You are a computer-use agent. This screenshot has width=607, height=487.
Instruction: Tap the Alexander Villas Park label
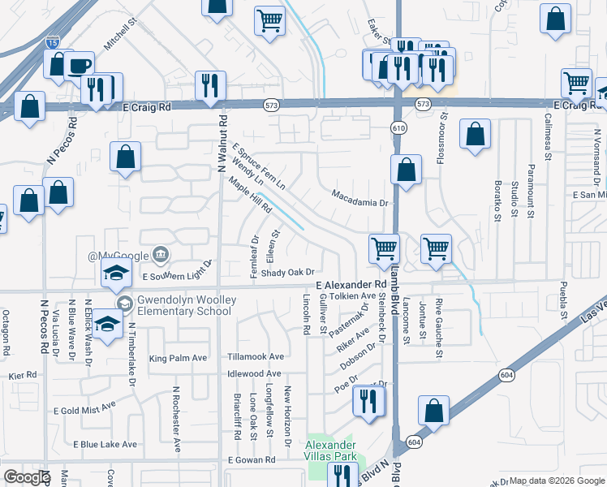pyautogui.click(x=330, y=450)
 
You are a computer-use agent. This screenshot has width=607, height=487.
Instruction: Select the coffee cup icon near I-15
pyautogui.click(x=80, y=67)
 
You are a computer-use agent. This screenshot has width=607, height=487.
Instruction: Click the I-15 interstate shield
pyautogui.click(x=53, y=39)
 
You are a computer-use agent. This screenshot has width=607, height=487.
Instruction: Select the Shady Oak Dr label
pyautogui.click(x=287, y=273)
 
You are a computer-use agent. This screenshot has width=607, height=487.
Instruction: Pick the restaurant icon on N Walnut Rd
pyautogui.click(x=211, y=84)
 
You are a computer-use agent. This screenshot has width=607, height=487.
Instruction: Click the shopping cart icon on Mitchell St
pyautogui.click(x=269, y=21)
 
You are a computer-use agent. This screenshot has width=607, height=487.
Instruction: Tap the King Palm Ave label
pyautogui.click(x=179, y=358)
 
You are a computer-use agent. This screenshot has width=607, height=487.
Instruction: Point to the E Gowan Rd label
pyautogui.click(x=252, y=460)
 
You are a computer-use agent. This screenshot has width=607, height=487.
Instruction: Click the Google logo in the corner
pyautogui.click(x=27, y=477)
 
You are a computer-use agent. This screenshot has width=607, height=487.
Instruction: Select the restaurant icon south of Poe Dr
pyautogui.click(x=369, y=401)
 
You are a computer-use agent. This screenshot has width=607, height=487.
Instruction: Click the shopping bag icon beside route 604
pyautogui.click(x=434, y=411)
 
